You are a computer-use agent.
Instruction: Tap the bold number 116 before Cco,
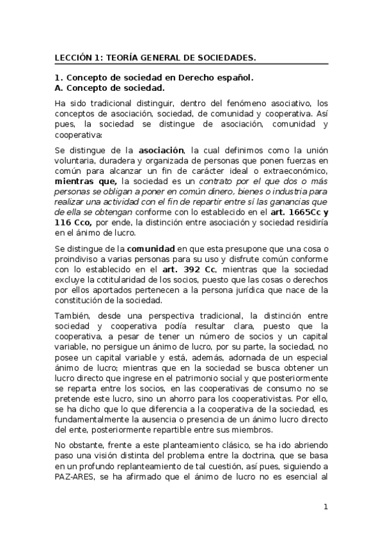pos(63,222)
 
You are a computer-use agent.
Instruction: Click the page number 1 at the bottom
pos(325,507)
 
